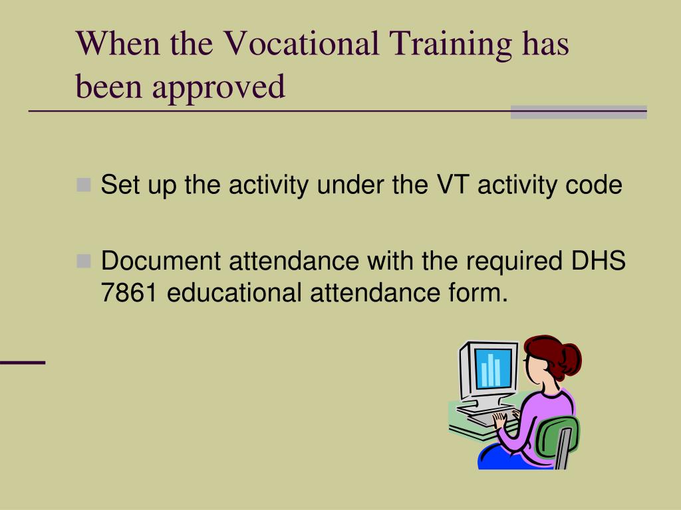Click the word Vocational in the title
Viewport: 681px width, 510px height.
tap(301, 43)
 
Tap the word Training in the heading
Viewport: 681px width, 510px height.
tap(450, 45)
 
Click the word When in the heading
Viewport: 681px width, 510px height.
tap(118, 43)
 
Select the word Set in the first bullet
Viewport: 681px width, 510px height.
tap(120, 185)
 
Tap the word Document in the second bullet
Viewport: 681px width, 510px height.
tap(161, 260)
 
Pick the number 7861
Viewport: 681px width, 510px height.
tap(128, 292)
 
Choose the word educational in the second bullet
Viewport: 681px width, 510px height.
tap(234, 292)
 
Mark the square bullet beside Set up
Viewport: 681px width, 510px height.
tap(83, 185)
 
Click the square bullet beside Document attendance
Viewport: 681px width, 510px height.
tap(83, 261)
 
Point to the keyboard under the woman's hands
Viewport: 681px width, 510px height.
tap(489, 417)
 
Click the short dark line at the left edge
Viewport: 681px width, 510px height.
tap(23, 362)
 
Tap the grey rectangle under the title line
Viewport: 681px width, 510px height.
tap(579, 112)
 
